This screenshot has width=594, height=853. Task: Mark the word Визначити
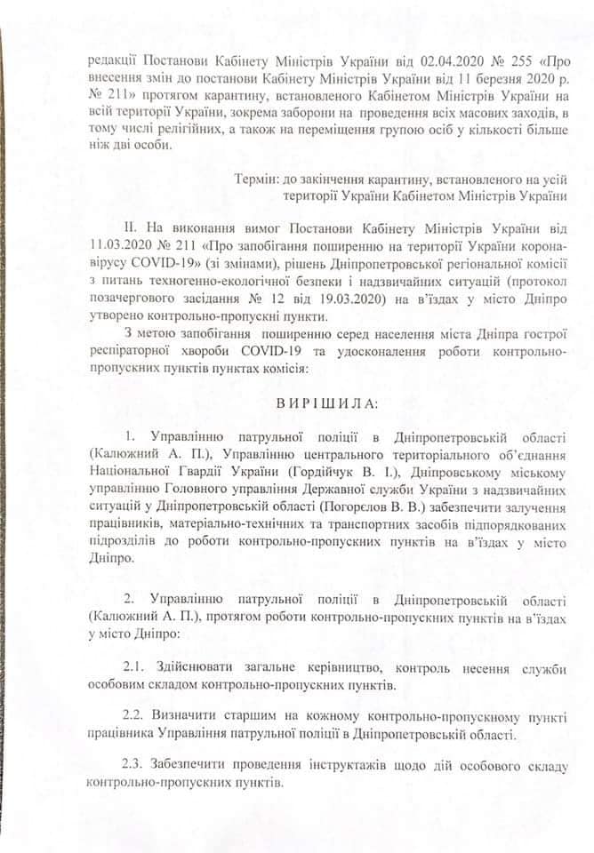pos(197,717)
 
